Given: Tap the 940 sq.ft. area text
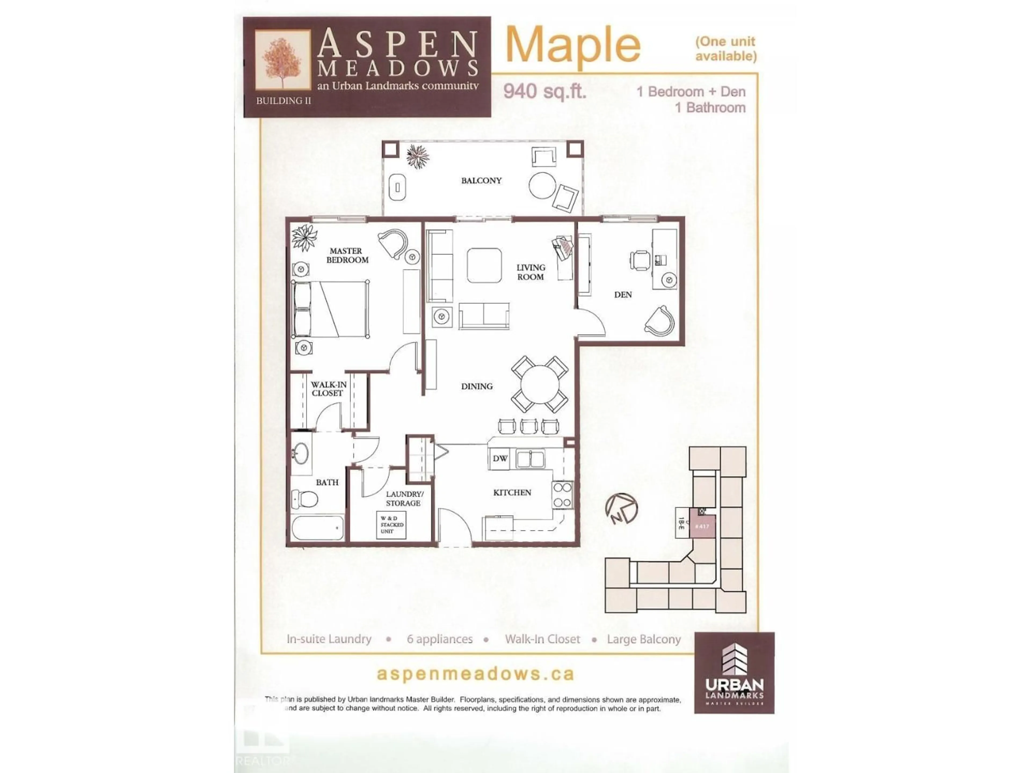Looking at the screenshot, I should click(544, 91).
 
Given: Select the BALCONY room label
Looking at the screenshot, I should click(481, 180).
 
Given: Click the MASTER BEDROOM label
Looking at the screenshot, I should click(347, 255).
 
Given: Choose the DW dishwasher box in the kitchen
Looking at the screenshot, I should click(500, 458).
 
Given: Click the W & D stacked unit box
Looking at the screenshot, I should click(391, 525).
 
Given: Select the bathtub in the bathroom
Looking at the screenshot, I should click(317, 528).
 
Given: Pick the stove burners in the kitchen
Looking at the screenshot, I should click(562, 495).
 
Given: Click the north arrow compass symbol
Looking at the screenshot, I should click(621, 509).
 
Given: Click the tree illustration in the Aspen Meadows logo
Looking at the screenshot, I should click(282, 61).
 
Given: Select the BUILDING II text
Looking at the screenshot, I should click(283, 101).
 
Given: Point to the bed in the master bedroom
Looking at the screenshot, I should click(329, 309).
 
